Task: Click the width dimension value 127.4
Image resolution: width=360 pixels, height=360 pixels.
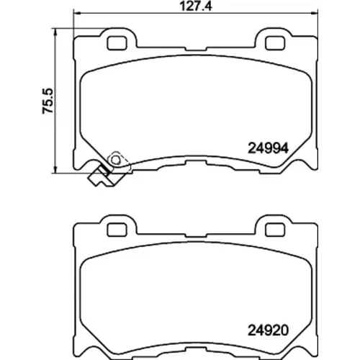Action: pyautogui.click(x=196, y=6)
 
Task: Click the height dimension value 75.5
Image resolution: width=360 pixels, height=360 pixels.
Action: pyautogui.click(x=48, y=101)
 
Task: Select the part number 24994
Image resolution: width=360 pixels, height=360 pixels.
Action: pyautogui.click(x=268, y=148)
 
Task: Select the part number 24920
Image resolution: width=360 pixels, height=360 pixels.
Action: pyautogui.click(x=268, y=330)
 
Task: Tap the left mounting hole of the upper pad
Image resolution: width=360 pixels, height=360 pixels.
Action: pyautogui.click(x=117, y=43)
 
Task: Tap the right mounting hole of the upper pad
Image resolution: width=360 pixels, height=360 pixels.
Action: pyautogui.click(x=275, y=43)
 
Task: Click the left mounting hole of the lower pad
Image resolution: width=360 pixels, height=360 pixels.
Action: pyautogui.click(x=117, y=230)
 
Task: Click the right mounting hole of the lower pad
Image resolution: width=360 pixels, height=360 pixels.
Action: pyautogui.click(x=275, y=230)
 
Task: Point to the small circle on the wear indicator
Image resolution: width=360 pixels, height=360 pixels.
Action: pyautogui.click(x=115, y=159)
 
